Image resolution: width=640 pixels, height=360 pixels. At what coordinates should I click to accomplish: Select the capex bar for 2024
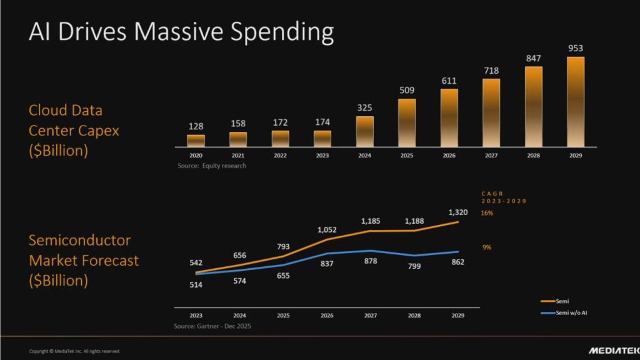(365, 131)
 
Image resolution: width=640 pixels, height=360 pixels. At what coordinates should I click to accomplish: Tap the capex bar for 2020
(196, 141)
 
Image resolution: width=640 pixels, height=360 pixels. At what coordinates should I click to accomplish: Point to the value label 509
(407, 90)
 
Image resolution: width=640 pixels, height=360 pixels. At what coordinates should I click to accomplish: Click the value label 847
(533, 58)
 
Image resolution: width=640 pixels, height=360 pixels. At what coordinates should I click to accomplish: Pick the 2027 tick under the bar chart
(491, 155)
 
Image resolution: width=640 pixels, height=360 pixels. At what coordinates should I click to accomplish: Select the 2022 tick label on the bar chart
(281, 155)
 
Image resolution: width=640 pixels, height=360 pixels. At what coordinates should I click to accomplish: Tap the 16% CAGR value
(487, 213)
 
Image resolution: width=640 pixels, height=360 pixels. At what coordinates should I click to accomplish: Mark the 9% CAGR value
(486, 247)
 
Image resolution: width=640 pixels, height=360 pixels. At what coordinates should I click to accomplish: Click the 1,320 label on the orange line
(457, 212)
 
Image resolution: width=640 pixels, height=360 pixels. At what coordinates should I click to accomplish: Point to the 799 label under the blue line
(415, 265)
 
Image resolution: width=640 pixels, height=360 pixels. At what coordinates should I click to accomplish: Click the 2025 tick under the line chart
(284, 316)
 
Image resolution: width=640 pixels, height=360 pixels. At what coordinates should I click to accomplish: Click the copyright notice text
(74, 351)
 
